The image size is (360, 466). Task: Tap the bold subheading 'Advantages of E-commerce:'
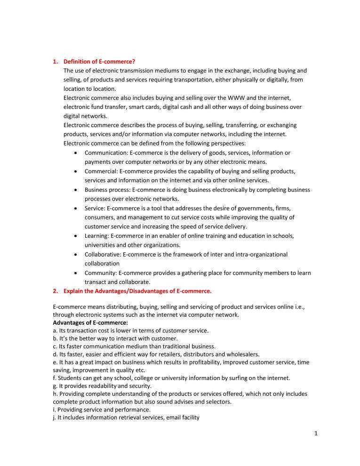click(87, 322)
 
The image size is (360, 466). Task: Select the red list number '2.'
click(56, 291)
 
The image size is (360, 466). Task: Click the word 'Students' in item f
click(68, 378)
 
